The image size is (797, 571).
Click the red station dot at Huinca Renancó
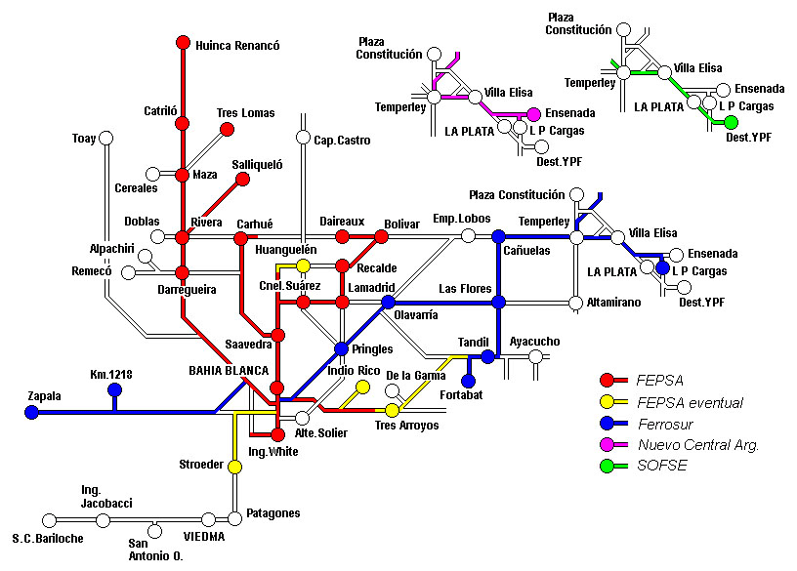(x=183, y=43)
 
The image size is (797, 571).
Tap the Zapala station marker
(x=31, y=412)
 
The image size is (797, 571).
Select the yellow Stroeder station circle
(x=234, y=467)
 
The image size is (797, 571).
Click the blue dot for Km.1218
(x=115, y=390)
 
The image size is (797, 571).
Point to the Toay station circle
(x=105, y=138)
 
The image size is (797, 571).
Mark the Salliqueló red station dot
(x=243, y=179)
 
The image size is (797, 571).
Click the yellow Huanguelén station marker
(x=303, y=265)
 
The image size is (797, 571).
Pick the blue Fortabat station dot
(x=468, y=381)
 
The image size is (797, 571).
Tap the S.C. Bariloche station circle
(x=49, y=520)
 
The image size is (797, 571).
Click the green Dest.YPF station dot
(x=731, y=122)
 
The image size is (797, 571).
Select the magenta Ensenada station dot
(x=533, y=114)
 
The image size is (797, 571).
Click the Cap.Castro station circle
(x=303, y=138)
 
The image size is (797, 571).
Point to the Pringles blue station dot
(x=342, y=348)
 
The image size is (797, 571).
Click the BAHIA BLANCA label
(x=229, y=371)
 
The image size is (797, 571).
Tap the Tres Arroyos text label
(x=406, y=426)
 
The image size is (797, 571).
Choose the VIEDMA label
(x=204, y=537)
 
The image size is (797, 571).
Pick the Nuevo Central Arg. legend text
(x=698, y=445)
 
